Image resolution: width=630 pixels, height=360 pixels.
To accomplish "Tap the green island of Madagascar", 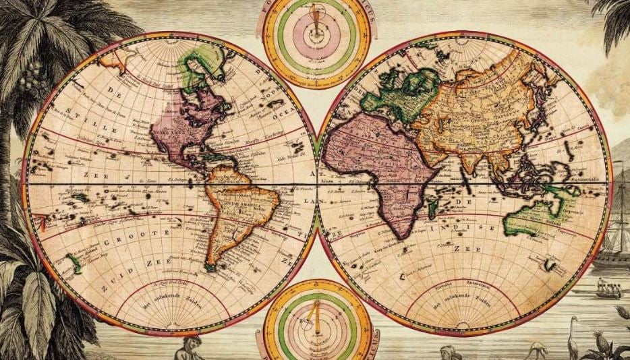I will coord(432,210).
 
